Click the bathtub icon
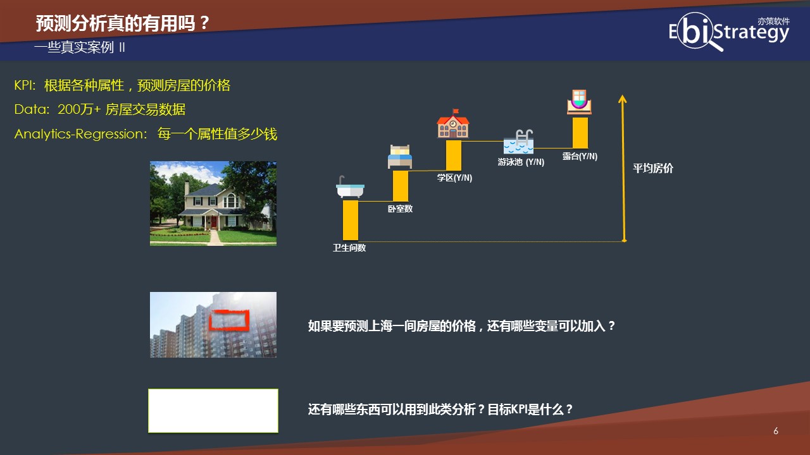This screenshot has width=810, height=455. pos(350,188)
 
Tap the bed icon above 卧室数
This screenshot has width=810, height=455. pos(399,157)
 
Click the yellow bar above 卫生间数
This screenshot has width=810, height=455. pos(351,220)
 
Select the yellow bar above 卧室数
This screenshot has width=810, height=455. pos(400,186)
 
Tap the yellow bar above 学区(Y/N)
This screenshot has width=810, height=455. pos(454,155)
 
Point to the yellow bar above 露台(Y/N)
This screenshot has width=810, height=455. pos(580,133)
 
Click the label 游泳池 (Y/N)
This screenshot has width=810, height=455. pos(521,162)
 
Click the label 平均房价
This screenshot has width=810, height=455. pos(653,169)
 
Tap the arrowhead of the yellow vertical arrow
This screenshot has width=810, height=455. pos(623,99)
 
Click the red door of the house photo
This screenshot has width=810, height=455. pos(215,222)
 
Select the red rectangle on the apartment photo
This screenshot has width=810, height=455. pos(228,320)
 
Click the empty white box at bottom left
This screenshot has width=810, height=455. pos(213,411)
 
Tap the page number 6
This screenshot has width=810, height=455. pos(776,431)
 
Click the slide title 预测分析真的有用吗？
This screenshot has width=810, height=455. pos(122,24)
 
